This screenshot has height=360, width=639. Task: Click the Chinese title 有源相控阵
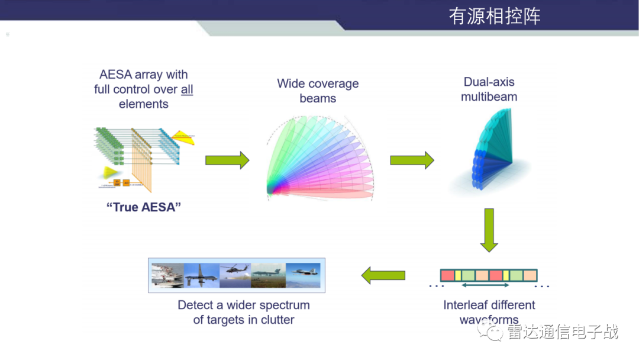(x=494, y=16)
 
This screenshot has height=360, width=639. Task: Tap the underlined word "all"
(x=187, y=89)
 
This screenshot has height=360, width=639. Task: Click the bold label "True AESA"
(x=143, y=208)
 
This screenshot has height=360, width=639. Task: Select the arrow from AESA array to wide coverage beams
(x=227, y=160)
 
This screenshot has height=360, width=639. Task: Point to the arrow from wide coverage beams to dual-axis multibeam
(x=412, y=160)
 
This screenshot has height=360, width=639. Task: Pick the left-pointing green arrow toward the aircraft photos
(x=383, y=275)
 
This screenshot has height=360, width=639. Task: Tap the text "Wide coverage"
(x=318, y=83)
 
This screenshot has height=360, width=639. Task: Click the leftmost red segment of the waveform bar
(x=447, y=275)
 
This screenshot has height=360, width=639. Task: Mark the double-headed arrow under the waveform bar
(x=485, y=286)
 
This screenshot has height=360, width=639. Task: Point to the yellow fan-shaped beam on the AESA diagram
(x=111, y=172)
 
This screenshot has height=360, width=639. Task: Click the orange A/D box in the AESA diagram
(x=117, y=182)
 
